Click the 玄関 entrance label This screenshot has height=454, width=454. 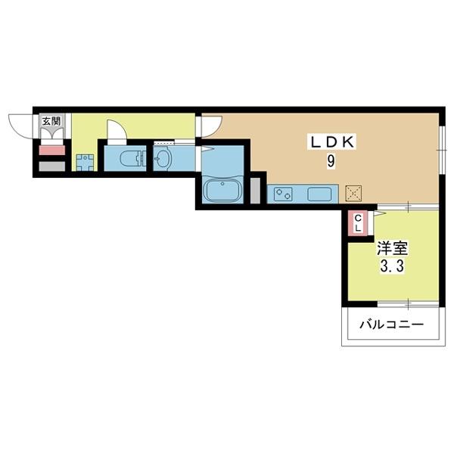(x=51, y=121)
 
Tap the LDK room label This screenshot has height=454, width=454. (x=333, y=142)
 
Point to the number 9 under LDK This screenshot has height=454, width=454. (x=331, y=161)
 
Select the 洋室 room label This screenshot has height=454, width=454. (x=392, y=248)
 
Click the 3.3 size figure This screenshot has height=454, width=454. (x=392, y=266)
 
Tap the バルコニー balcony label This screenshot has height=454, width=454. (x=391, y=324)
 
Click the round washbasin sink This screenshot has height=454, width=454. (x=162, y=158)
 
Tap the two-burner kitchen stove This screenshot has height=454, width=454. (x=283, y=194)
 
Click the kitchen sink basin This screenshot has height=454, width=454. (x=319, y=194)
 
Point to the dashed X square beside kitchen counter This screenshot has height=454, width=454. (x=353, y=194)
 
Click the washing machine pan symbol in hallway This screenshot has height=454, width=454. (x=85, y=163)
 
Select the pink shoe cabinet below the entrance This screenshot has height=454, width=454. (x=51, y=151)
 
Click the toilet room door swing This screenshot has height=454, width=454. (x=117, y=127)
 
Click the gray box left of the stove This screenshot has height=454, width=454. (x=255, y=191)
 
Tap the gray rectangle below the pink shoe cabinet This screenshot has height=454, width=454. (x=51, y=166)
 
